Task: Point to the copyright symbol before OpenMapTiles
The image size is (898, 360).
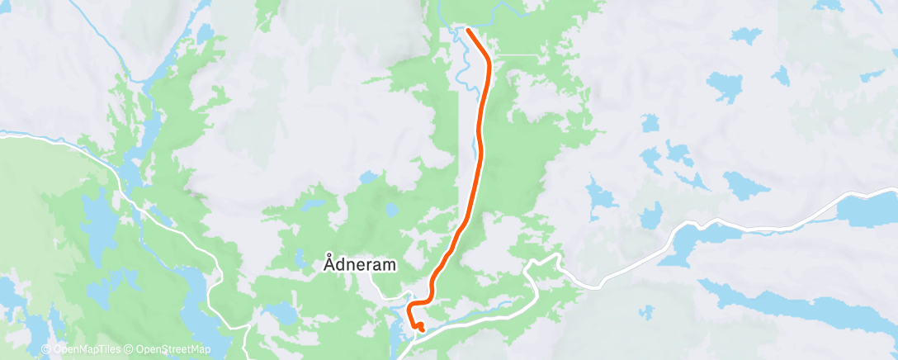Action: tap(46, 350)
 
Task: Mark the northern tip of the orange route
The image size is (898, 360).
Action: tap(468, 30)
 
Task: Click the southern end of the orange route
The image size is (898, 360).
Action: tap(422, 329)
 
